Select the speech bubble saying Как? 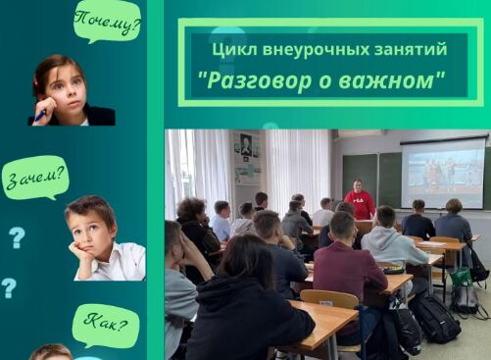pos(106,326)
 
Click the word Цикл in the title pos(230,48)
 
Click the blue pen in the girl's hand pos(40,115)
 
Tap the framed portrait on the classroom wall pos(245,144)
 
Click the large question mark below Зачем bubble pos(17,236)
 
